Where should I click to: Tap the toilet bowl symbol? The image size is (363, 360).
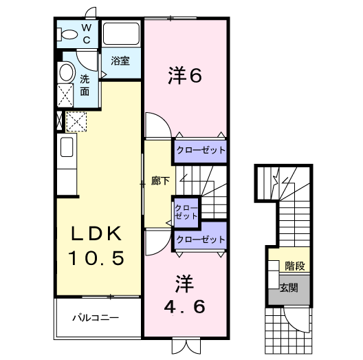[x=69, y=34]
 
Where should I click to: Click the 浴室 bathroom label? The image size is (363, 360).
[x=120, y=61]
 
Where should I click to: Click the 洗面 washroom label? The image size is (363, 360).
[x=85, y=84]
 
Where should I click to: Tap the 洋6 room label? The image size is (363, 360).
[x=184, y=76]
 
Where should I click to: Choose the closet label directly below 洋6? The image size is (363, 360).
[x=199, y=149]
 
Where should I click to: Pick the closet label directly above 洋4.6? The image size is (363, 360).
[x=199, y=239]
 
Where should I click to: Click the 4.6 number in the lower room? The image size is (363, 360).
[x=184, y=306]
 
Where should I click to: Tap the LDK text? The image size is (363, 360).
[x=96, y=234]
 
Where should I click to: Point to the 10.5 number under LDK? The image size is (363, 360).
[x=96, y=258]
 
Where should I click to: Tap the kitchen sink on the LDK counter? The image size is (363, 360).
[x=67, y=147]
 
